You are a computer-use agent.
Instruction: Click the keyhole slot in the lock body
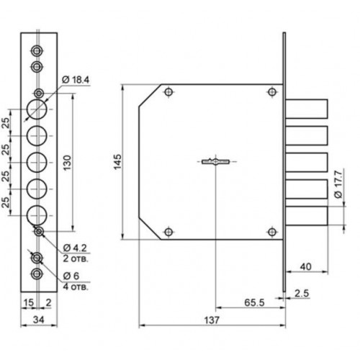point(216,162)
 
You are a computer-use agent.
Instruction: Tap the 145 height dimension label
point(118,162)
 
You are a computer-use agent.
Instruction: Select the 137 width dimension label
point(212,320)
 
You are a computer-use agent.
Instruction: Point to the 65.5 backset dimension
point(254,302)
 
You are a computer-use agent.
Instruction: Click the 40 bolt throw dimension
point(306,266)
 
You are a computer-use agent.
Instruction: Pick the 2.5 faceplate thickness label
point(302,293)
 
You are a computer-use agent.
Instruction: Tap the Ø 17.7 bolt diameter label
point(338,184)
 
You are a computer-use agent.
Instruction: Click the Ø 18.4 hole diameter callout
point(76,80)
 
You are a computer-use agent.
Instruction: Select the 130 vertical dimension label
point(68,163)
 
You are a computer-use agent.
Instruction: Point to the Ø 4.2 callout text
point(75,248)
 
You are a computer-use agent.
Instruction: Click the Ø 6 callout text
point(71,276)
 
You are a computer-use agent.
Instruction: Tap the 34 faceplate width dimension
point(39,320)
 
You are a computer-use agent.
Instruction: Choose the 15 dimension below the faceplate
point(28,302)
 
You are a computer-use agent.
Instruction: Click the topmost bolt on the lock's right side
point(307,109)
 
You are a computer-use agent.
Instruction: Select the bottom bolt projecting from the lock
point(307,216)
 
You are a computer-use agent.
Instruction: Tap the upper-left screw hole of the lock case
point(168,92)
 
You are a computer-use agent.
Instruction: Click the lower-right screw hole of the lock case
point(272,232)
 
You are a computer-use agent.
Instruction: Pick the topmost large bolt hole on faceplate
point(37,109)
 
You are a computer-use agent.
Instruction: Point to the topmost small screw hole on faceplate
point(37,50)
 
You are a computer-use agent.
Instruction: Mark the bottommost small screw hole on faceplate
point(37,274)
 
